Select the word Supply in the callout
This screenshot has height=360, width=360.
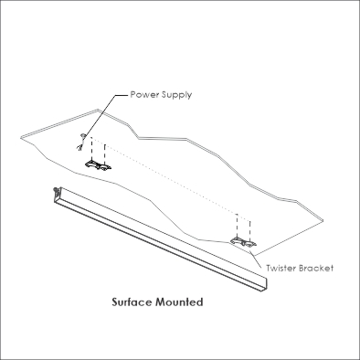[x=176, y=95]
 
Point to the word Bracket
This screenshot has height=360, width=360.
[x=316, y=268]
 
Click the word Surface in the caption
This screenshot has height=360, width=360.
[x=132, y=302]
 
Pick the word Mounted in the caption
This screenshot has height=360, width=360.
[x=179, y=302]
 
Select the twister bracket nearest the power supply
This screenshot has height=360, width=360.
[x=98, y=164]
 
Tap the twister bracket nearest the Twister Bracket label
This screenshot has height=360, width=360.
[x=243, y=241]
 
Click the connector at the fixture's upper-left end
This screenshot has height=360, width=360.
[x=57, y=190]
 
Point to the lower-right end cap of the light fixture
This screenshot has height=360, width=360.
[x=263, y=285]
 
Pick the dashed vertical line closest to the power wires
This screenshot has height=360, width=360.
[x=91, y=149]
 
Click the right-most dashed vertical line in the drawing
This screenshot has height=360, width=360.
[x=250, y=229]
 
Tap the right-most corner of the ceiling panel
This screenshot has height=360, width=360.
[x=323, y=220]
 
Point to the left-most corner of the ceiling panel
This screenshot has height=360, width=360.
[x=21, y=138]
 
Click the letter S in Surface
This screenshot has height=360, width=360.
[x=115, y=302]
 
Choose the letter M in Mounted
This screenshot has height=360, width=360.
[x=160, y=302]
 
